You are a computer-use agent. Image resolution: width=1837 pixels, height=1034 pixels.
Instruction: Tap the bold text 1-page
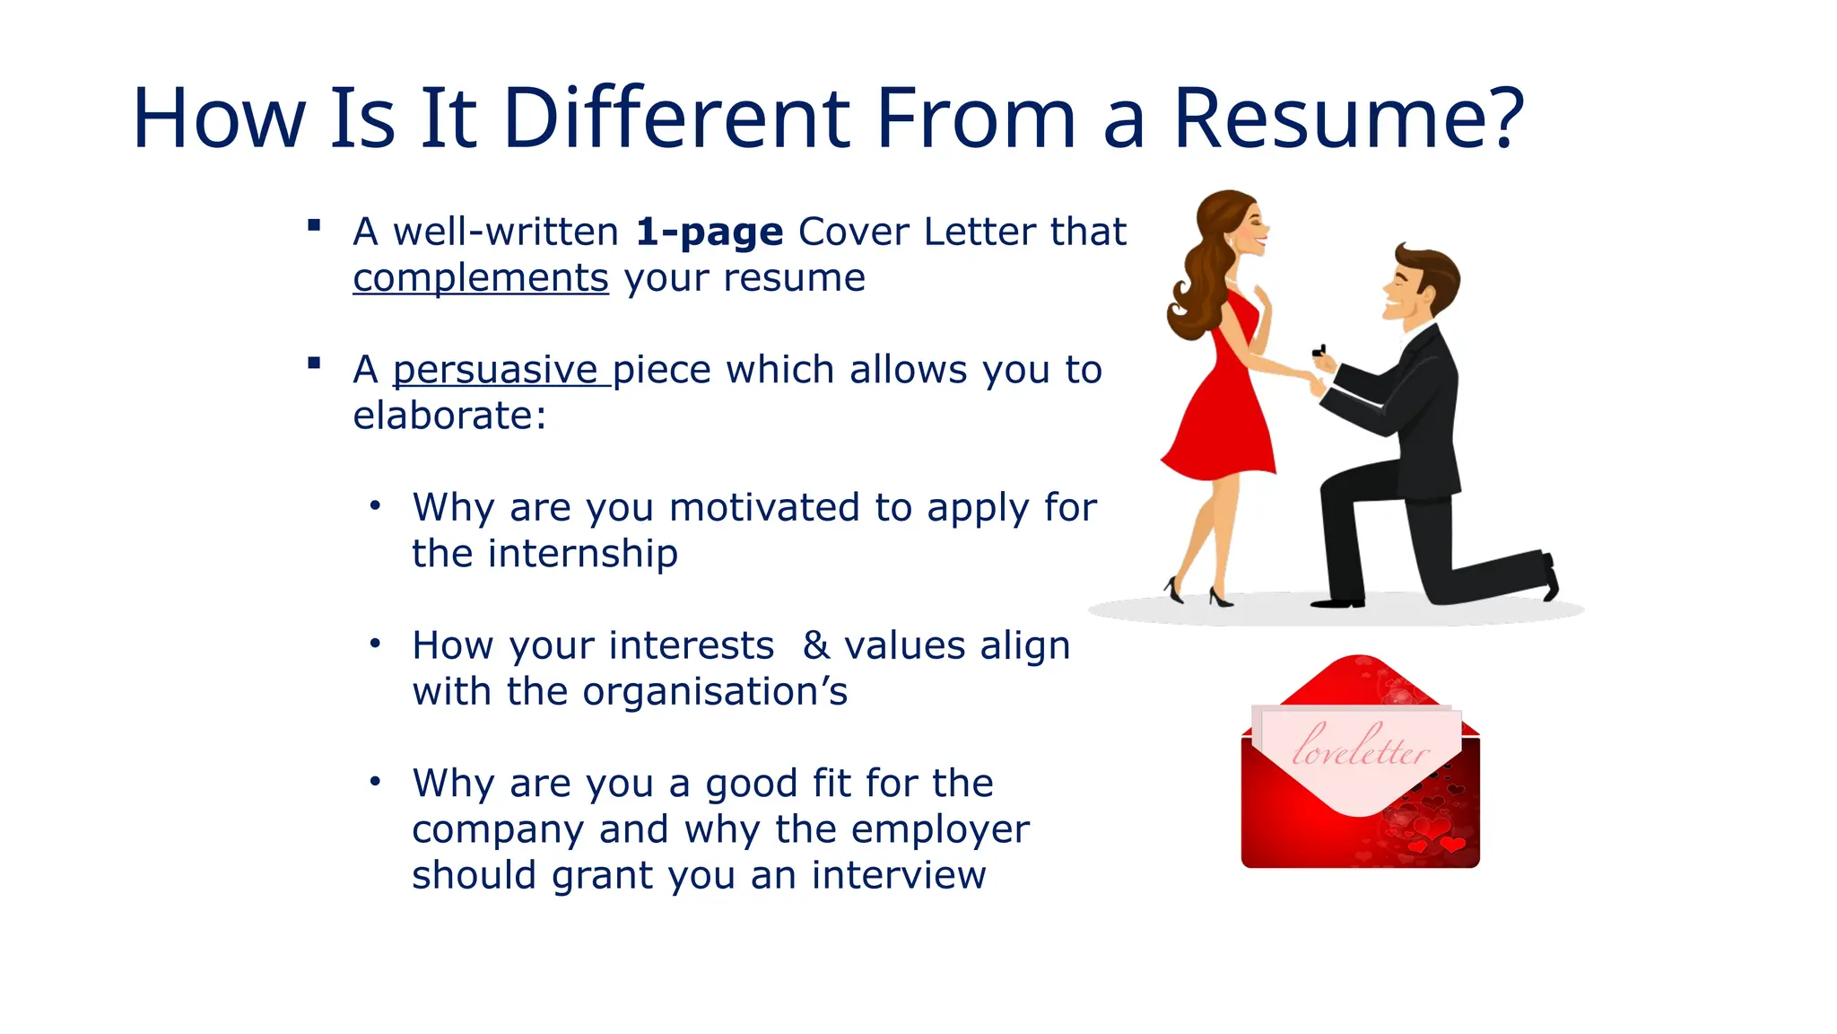[x=710, y=232]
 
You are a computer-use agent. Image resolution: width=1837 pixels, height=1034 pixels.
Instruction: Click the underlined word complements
[x=481, y=278]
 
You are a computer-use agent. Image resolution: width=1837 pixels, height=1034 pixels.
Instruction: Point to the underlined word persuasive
[x=496, y=370]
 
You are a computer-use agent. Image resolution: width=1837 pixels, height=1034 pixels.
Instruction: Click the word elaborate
[x=444, y=416]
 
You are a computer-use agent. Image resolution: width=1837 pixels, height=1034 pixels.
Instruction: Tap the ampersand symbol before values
[x=815, y=645]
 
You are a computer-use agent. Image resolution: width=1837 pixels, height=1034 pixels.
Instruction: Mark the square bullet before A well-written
[x=314, y=225]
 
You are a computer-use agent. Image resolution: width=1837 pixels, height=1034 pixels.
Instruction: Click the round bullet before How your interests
[x=375, y=644]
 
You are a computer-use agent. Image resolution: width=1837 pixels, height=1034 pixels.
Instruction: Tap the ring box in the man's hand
[x=1319, y=351]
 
